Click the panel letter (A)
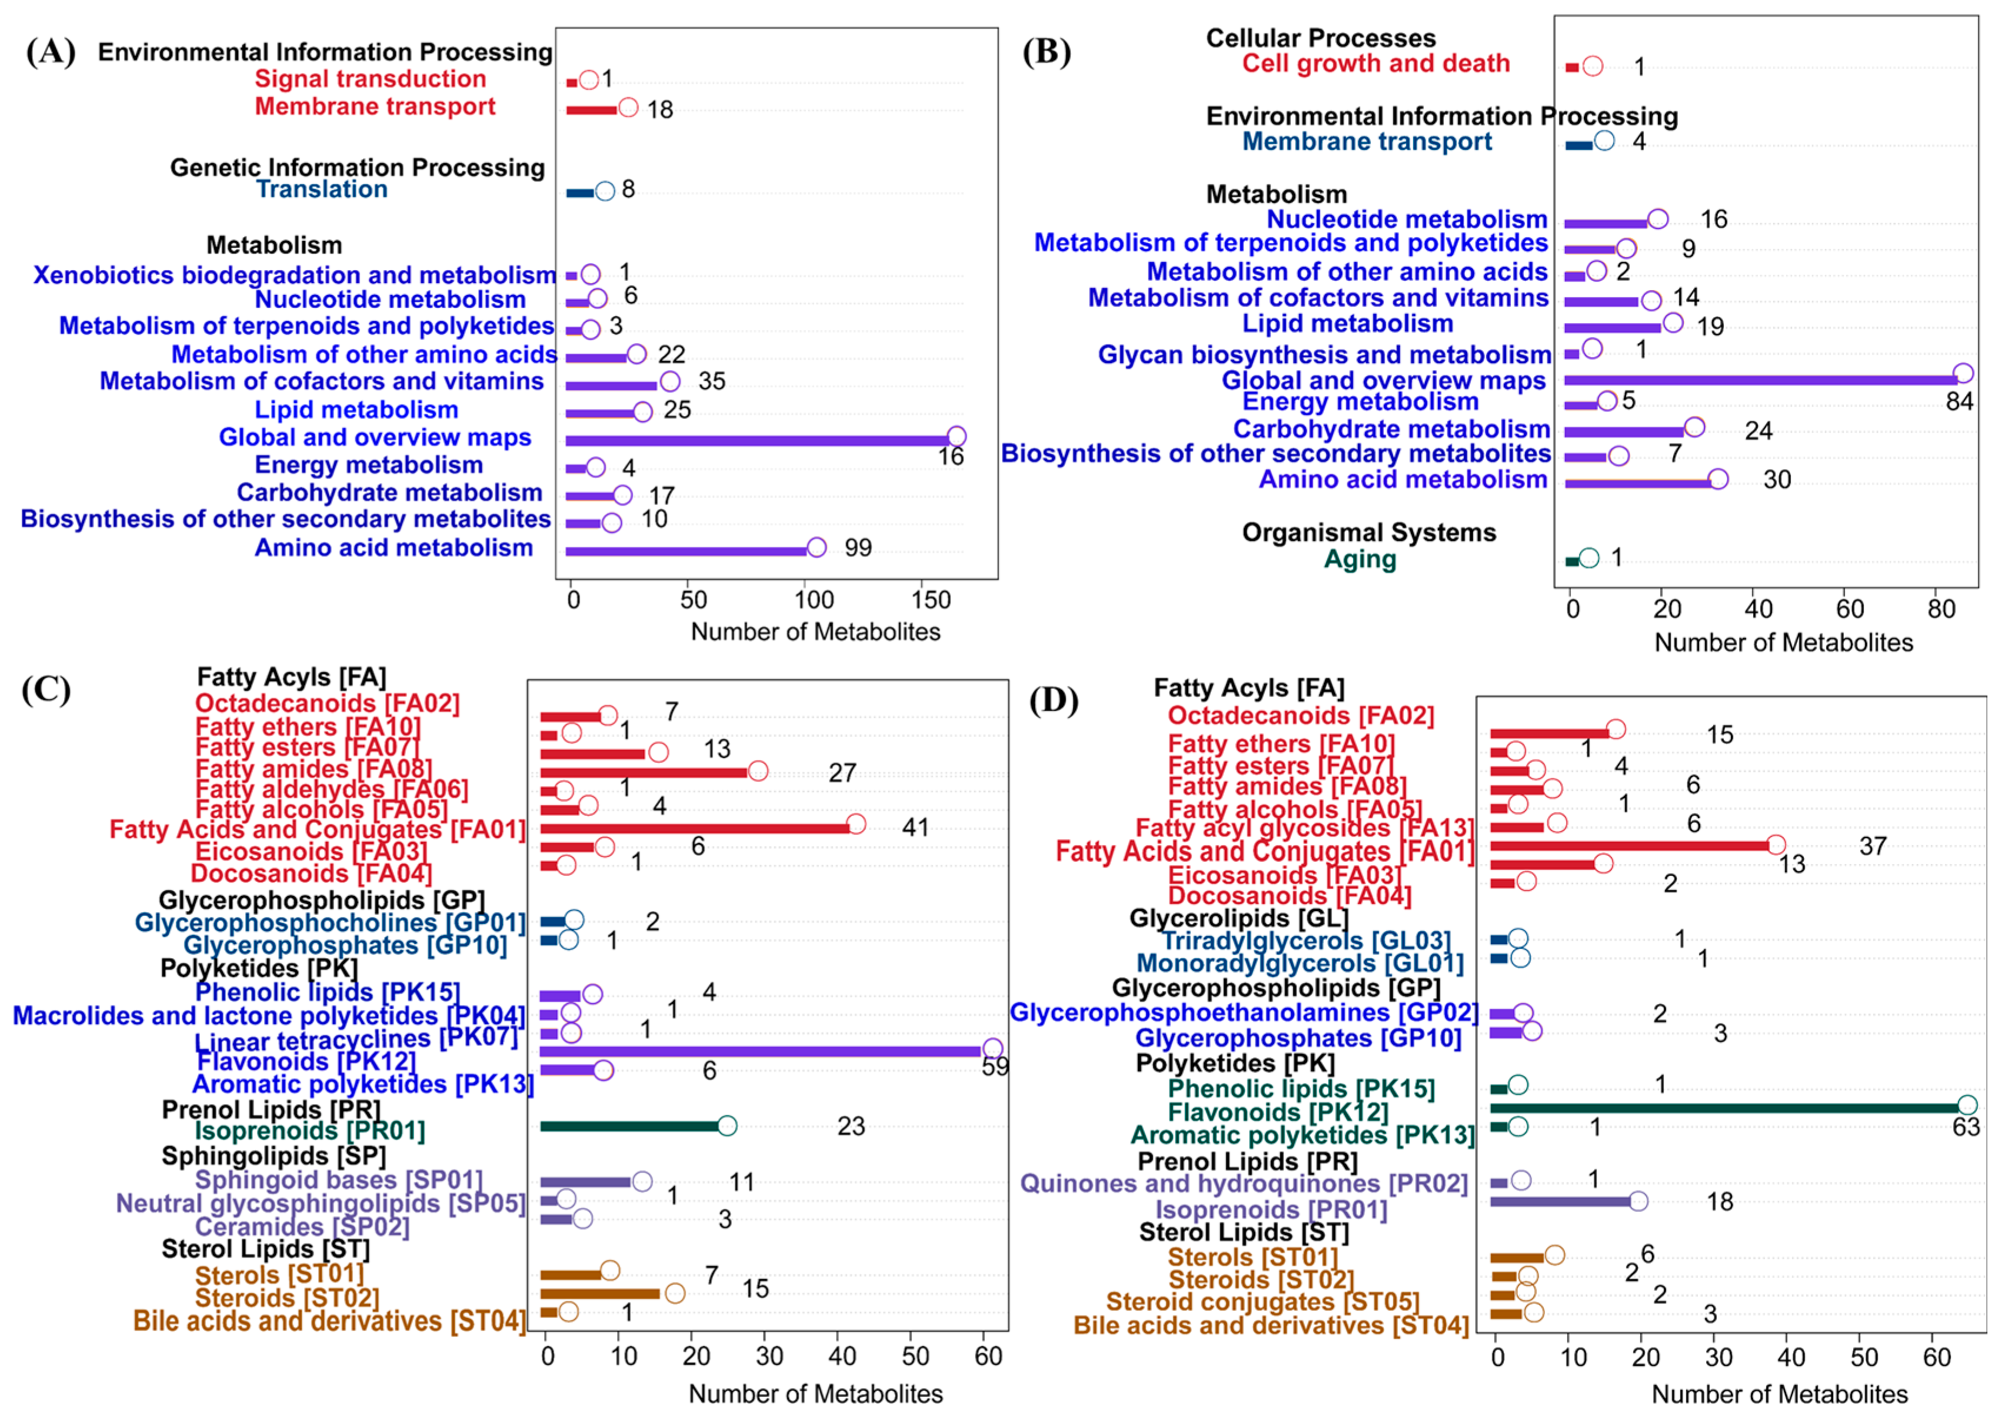51,52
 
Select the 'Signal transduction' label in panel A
370,79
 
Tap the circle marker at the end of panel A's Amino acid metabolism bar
817,547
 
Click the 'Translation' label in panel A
321,190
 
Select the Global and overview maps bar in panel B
1760,380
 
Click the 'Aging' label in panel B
1360,559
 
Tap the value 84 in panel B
1960,402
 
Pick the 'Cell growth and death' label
1375,64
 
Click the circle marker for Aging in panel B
1589,558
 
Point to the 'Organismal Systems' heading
1368,532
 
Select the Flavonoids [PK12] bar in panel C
760,1051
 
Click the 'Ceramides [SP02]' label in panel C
302,1227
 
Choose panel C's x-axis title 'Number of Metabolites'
815,1393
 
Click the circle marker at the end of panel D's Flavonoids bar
1967,1105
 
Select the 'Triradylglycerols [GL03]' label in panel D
1305,941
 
